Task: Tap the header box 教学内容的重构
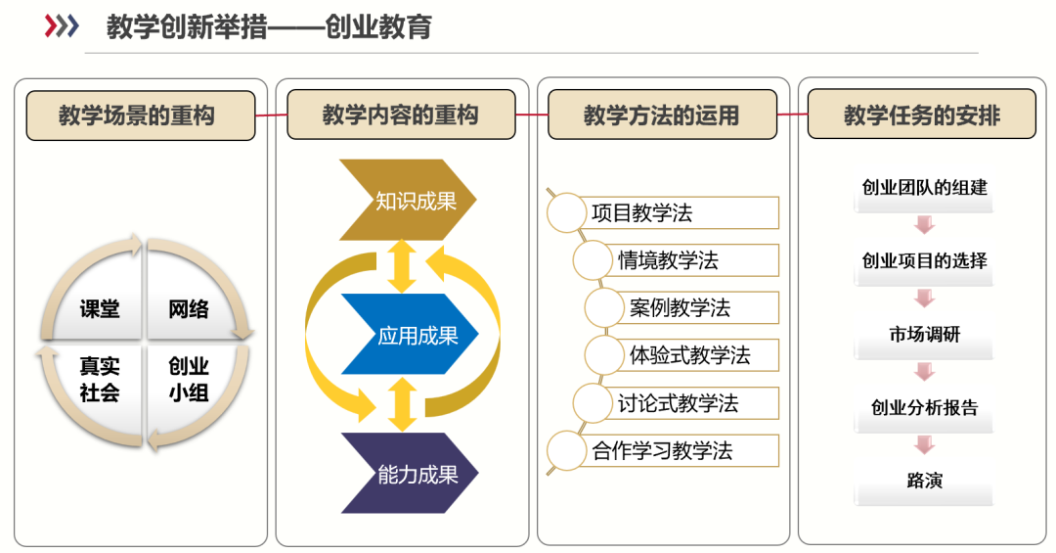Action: tap(400, 115)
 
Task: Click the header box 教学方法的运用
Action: tap(662, 115)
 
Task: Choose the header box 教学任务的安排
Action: tap(922, 115)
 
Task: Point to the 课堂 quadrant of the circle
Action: tap(100, 309)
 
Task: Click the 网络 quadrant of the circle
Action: tap(189, 309)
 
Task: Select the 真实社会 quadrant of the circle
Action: tap(100, 380)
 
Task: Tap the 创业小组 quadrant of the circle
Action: tap(189, 380)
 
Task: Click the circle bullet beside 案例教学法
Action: tap(603, 307)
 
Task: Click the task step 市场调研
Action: tap(924, 335)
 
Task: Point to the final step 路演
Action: tap(924, 481)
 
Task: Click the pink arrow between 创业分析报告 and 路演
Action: tap(924, 445)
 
